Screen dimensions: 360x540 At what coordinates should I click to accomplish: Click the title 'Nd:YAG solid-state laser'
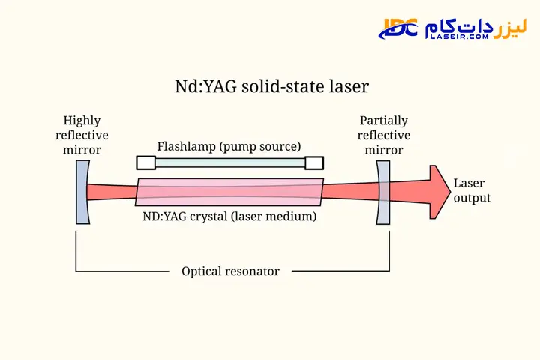[x=271, y=87]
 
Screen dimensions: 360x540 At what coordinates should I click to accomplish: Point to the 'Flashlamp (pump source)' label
[x=229, y=145]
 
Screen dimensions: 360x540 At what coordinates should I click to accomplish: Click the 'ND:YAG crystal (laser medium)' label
[x=229, y=217]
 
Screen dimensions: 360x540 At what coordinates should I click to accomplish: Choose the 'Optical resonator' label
[x=230, y=271]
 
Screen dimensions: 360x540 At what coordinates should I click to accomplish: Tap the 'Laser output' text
[x=472, y=191]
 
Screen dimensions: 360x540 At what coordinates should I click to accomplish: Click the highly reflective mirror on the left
[x=82, y=192]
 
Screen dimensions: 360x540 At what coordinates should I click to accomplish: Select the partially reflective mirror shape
[x=383, y=192]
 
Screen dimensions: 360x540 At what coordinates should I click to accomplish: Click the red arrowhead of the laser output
[x=436, y=191]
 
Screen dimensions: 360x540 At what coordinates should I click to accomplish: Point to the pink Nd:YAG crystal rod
[x=229, y=192]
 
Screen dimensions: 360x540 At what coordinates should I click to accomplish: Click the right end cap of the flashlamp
[x=314, y=163]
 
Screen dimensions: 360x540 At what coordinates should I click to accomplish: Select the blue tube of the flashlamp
[x=229, y=163]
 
